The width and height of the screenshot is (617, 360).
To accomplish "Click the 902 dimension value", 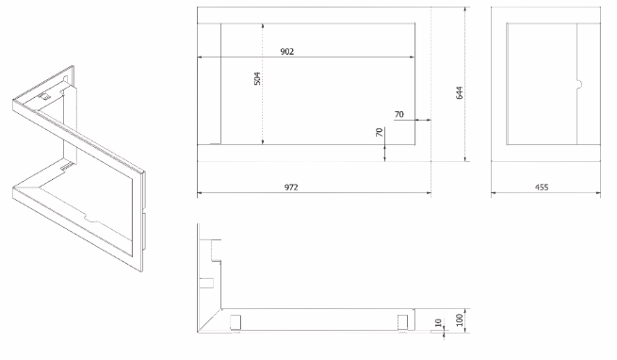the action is [x=287, y=52].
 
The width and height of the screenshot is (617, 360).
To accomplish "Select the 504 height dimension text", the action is [x=257, y=78].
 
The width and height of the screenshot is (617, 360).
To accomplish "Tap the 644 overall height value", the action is [x=459, y=92].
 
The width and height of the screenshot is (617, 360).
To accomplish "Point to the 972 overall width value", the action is [x=291, y=188].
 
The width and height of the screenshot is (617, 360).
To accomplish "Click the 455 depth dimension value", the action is [x=542, y=188].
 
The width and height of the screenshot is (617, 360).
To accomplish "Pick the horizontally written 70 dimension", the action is [x=399, y=114].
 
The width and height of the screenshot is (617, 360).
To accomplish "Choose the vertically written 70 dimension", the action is [x=380, y=132].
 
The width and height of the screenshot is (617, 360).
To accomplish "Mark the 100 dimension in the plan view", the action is [x=459, y=319].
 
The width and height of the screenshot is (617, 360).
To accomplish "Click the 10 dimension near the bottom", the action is [x=438, y=323].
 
